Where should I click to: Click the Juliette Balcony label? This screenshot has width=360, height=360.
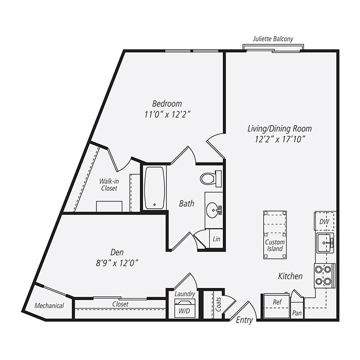pos(273,39)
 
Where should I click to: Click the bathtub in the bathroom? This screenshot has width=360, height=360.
pos(155,188)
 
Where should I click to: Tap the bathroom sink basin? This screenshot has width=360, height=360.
pos(212,211)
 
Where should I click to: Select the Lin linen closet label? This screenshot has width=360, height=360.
pos(216,239)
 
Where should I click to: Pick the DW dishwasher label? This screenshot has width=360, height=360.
pos(324,222)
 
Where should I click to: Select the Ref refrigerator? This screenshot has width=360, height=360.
pos(276,302)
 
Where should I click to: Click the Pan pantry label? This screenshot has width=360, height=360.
pos(297,313)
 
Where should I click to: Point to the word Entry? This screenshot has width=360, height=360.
pos(244,320)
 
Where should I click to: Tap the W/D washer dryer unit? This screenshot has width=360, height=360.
pos(184,308)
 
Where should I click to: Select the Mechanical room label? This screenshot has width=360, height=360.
pos(49,306)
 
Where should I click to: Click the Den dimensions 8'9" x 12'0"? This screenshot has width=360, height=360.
pos(117,263)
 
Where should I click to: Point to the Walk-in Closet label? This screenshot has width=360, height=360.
pos(108,184)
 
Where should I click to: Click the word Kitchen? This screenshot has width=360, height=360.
pos(290,276)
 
